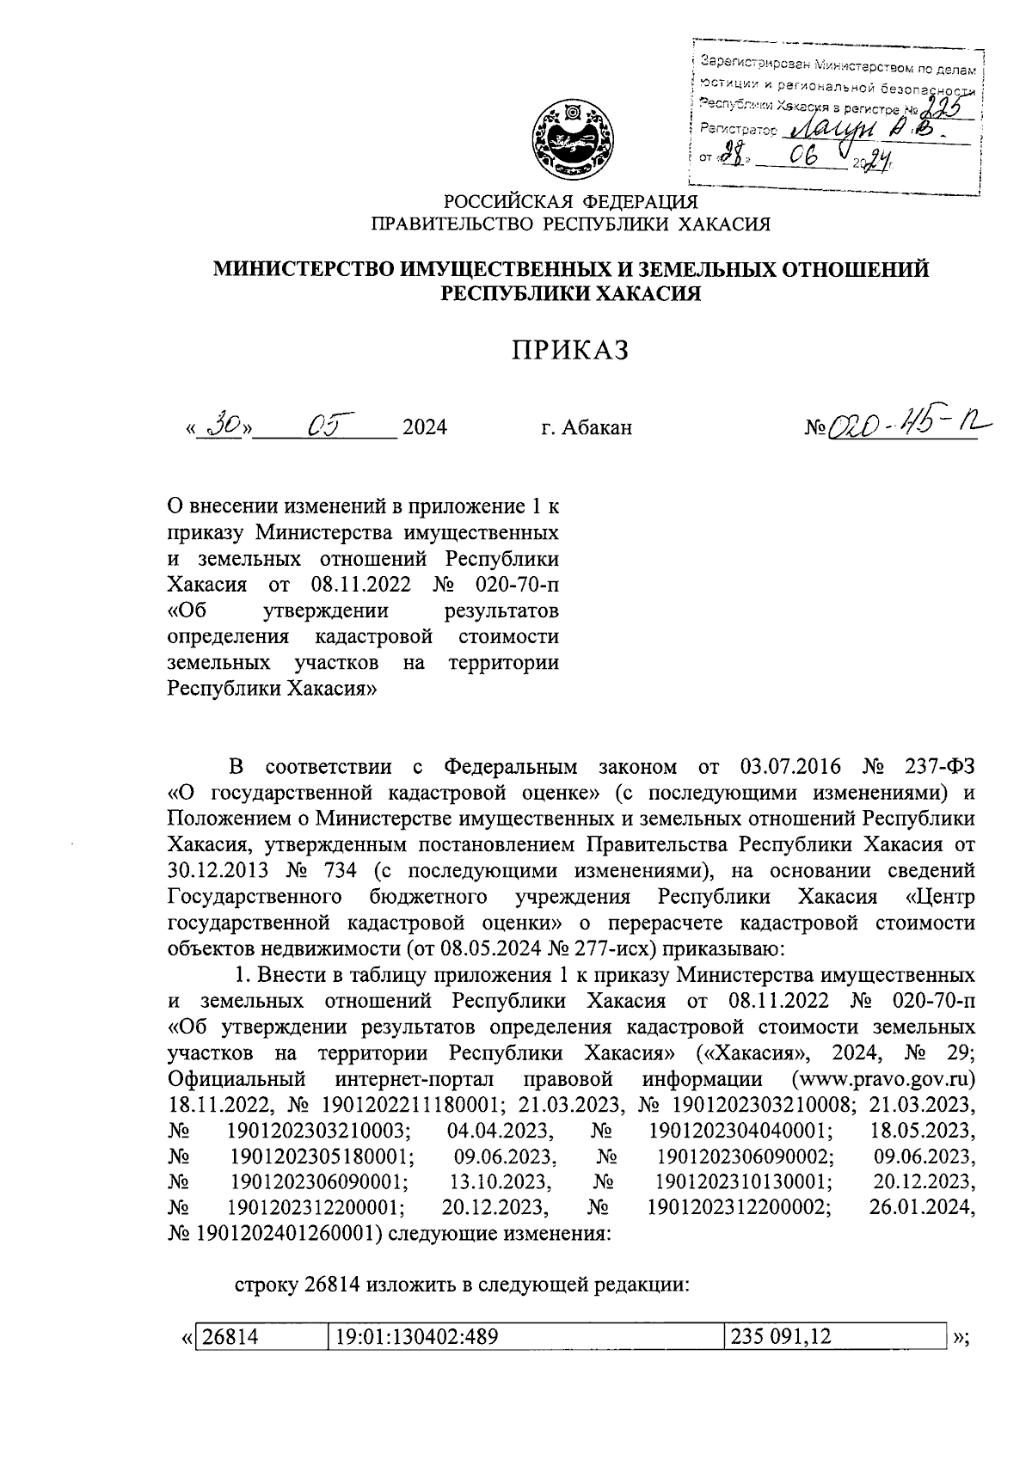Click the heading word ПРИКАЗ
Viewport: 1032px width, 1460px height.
tap(571, 351)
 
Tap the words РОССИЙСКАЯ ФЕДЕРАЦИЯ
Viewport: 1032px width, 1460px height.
tap(570, 202)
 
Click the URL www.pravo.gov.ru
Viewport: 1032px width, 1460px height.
tap(887, 1078)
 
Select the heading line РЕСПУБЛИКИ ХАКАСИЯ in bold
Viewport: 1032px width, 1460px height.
tap(570, 294)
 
